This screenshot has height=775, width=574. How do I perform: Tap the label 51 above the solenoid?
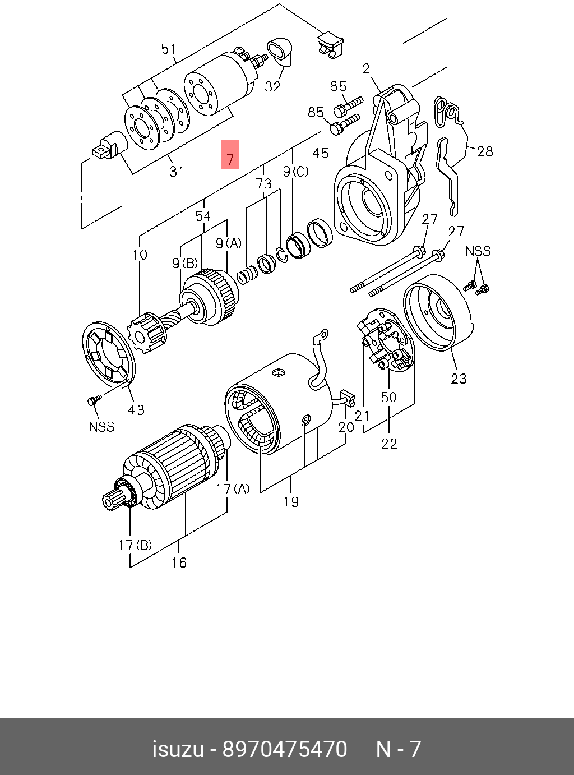(x=168, y=49)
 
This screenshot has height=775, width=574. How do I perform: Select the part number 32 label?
(x=272, y=86)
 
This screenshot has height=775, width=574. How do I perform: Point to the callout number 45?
(x=320, y=153)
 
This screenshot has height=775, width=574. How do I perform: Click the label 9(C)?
(x=295, y=172)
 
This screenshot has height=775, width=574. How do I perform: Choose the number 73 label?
(x=263, y=183)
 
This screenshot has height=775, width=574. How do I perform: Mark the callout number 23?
(x=459, y=379)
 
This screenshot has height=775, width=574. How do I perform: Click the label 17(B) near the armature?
(x=135, y=545)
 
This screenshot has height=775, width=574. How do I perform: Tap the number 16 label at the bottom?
(x=179, y=562)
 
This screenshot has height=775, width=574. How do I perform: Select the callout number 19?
(x=290, y=501)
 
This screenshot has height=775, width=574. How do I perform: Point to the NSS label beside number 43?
(x=101, y=427)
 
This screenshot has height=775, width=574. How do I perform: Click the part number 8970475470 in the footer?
(x=285, y=749)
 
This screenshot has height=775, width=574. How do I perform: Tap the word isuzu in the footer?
(x=178, y=749)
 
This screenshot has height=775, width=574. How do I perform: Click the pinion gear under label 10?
(x=147, y=334)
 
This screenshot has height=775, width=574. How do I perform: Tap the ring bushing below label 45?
(x=320, y=232)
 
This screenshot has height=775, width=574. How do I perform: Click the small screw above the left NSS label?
(x=94, y=400)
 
